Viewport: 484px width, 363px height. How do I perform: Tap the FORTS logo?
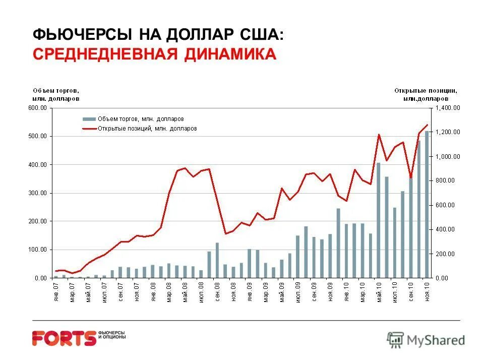point(64,337)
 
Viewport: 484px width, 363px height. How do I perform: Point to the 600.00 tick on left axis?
point(37,108)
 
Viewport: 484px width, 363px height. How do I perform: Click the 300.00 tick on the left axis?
point(37,193)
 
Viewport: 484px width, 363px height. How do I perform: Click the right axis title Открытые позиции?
point(426,94)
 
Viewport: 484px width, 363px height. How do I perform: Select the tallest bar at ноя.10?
point(427,204)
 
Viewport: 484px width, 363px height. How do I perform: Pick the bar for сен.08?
point(217,260)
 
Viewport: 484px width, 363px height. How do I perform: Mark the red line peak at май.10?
point(379,135)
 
